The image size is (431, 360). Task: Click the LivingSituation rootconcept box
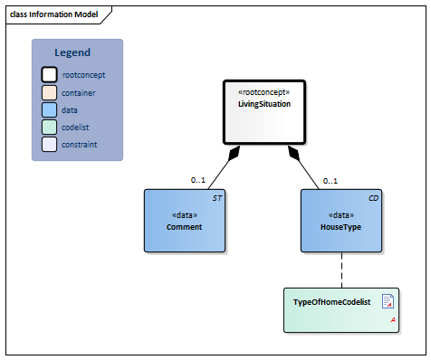click(x=264, y=112)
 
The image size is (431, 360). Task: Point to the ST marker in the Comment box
click(x=216, y=197)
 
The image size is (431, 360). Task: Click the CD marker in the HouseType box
click(x=373, y=197)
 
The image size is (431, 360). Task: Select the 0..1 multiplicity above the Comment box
click(x=199, y=181)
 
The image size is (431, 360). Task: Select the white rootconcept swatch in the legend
click(x=50, y=75)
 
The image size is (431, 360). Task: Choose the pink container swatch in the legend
click(x=50, y=92)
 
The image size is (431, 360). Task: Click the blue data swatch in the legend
click(x=50, y=109)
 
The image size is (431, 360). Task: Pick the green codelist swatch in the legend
click(x=50, y=127)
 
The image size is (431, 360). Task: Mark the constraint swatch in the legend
click(x=50, y=144)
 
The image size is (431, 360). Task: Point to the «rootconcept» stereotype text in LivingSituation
click(x=263, y=93)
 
